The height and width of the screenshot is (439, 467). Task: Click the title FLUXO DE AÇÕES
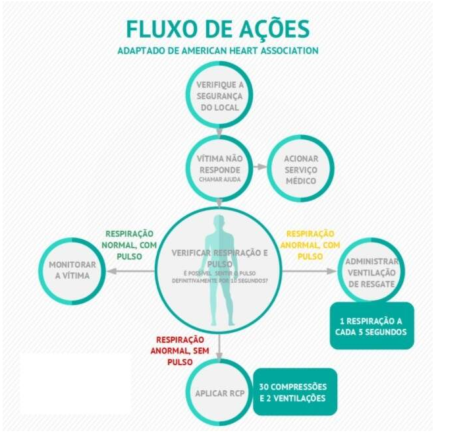(217, 29)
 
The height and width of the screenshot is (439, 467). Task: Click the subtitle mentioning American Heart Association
(217, 51)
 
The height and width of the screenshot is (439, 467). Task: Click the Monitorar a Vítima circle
(72, 270)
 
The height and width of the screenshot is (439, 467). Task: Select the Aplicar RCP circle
(217, 394)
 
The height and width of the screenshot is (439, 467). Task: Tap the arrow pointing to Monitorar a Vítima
(132, 270)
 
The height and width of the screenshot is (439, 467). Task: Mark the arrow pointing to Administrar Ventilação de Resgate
(310, 270)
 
